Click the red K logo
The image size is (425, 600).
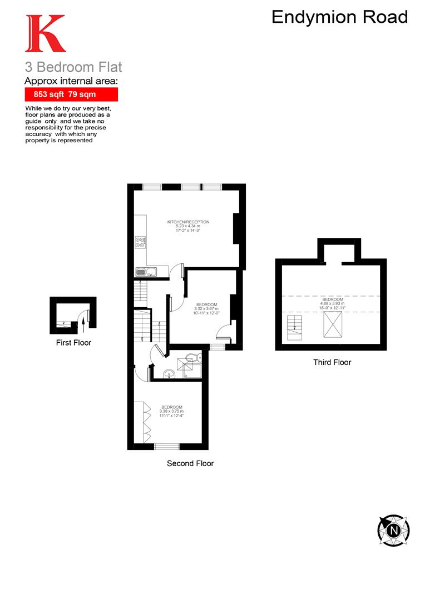point(45,34)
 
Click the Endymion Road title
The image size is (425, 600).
point(339,17)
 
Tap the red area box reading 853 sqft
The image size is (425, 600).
point(71,94)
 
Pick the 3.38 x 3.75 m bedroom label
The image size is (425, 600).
point(172,412)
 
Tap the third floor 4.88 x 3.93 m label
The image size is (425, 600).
point(332,304)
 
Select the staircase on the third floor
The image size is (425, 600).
point(293,326)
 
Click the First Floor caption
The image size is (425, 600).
point(73,343)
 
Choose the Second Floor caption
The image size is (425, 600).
point(190,463)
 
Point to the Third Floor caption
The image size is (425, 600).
point(332,362)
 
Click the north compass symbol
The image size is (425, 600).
point(393,529)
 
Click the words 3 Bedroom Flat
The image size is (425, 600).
point(73,68)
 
